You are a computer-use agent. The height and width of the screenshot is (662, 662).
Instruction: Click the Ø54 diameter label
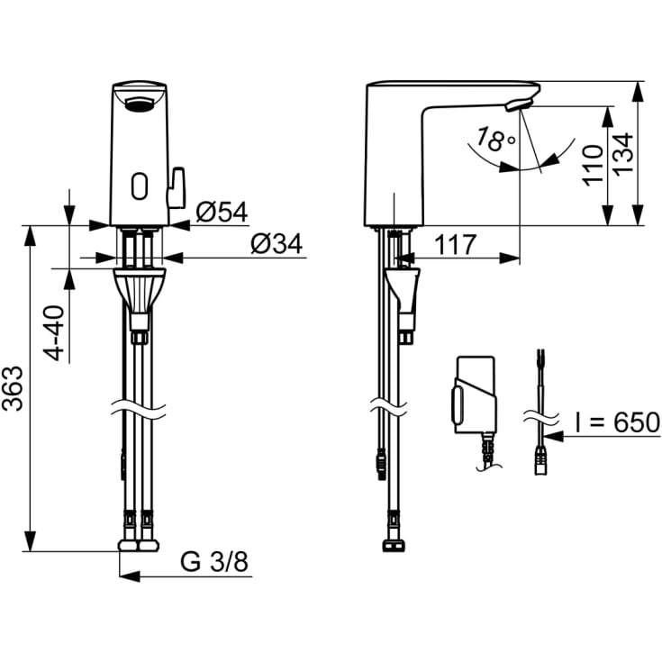tap(222, 212)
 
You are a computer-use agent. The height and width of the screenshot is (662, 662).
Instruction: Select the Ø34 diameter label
tap(277, 244)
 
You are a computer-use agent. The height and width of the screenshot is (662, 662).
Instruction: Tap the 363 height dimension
tap(13, 388)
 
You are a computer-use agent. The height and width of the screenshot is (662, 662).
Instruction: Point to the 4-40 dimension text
tap(54, 333)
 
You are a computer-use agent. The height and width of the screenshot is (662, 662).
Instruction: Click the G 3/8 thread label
tap(214, 561)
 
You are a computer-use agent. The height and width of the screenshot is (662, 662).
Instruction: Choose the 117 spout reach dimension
tap(456, 244)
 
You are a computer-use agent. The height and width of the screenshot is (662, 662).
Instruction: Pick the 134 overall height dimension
tap(623, 153)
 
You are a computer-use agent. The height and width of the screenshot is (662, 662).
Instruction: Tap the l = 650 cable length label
tap(617, 422)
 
